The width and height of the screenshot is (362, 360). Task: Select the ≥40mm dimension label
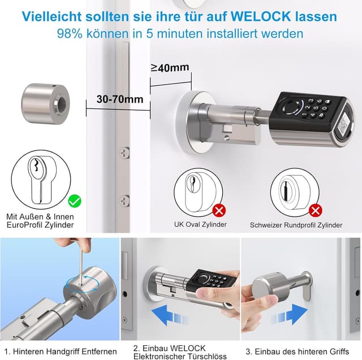coord(170,68)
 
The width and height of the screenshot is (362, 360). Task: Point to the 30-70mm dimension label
coord(119,99)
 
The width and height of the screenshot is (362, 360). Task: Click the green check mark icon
coord(74,200)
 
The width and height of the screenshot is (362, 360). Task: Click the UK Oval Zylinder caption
coord(200,224)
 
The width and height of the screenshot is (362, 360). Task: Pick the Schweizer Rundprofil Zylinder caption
coord(296,225)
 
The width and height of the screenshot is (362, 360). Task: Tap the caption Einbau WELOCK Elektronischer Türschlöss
coord(180,352)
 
